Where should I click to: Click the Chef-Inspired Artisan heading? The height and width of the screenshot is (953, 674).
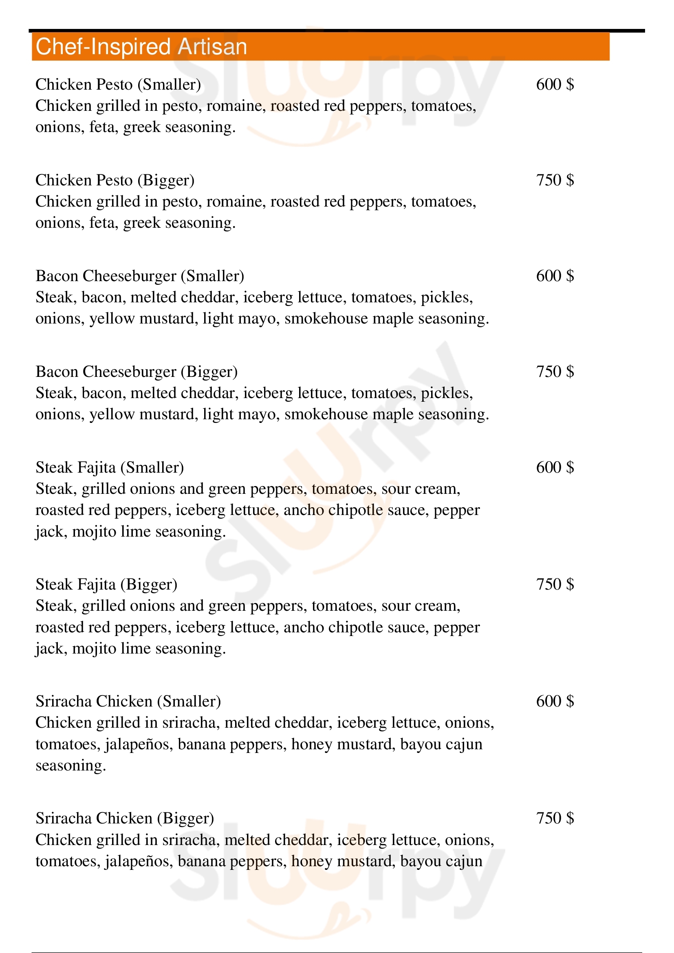(141, 46)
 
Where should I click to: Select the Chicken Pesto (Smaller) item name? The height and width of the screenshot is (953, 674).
(118, 84)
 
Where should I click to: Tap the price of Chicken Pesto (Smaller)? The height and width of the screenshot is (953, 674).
(555, 84)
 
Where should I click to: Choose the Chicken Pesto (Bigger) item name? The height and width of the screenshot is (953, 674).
(115, 180)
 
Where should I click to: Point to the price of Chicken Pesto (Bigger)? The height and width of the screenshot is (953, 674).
(555, 180)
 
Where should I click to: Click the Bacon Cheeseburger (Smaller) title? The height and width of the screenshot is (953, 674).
(140, 276)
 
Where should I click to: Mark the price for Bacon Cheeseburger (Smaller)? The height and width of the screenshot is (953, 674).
(555, 276)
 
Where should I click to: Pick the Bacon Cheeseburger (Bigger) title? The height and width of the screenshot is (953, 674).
(137, 372)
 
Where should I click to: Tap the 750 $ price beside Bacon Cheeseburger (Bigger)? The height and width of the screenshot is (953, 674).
(555, 372)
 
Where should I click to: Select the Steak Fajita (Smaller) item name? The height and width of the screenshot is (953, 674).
(110, 467)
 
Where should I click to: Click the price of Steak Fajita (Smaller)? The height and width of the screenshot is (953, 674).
(555, 467)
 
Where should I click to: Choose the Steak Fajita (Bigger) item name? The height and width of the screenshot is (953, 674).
(106, 584)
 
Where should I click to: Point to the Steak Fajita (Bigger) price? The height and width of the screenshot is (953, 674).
(555, 584)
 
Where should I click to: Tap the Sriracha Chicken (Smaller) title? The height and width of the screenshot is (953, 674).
(128, 702)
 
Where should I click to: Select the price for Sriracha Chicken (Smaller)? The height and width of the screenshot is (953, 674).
(555, 702)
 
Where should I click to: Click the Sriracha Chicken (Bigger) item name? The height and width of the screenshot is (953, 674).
(125, 818)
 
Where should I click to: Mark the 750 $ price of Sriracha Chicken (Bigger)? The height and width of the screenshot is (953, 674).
(555, 818)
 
